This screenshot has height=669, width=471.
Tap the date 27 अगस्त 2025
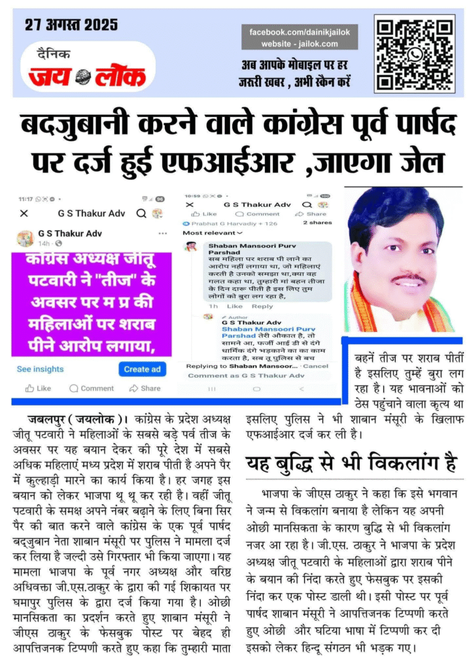tap(71, 25)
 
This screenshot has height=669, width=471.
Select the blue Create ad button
tap(142, 369)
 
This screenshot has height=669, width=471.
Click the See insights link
tap(41, 369)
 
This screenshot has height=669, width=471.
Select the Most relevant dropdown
tap(212, 233)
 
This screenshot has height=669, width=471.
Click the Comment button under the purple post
tap(92, 388)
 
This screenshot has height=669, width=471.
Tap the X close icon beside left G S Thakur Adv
tap(24, 214)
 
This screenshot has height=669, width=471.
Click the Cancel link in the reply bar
tap(316, 366)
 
